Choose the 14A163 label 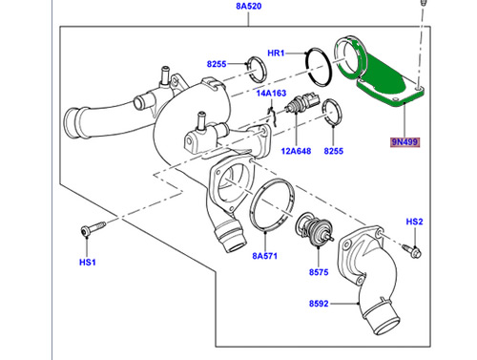(x=270, y=94)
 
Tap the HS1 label (x=87, y=261)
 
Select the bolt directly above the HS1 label (x=90, y=230)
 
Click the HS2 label (x=414, y=222)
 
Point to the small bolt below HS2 (x=415, y=250)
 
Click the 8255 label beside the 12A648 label (x=333, y=151)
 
